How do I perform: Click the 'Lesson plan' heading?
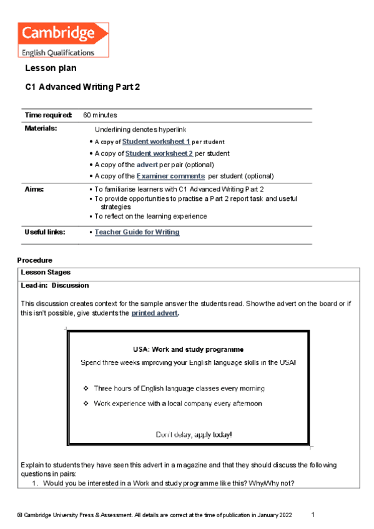tap(51, 68)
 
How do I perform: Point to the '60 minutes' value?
tap(100, 115)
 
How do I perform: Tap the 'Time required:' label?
tap(48, 115)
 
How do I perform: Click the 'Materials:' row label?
tap(41, 128)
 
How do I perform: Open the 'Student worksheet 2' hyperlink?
tap(159, 153)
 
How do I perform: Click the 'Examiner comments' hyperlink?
tap(170, 177)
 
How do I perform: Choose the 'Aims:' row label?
tap(34, 188)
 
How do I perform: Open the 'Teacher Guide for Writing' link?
tap(137, 232)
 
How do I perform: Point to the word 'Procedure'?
tap(35, 260)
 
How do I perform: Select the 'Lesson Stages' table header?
tap(46, 273)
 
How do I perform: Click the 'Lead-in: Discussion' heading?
tap(55, 286)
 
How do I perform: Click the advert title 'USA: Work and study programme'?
tap(188, 349)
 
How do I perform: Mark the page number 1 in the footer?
tap(313, 515)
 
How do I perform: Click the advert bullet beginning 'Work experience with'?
tap(178, 404)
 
